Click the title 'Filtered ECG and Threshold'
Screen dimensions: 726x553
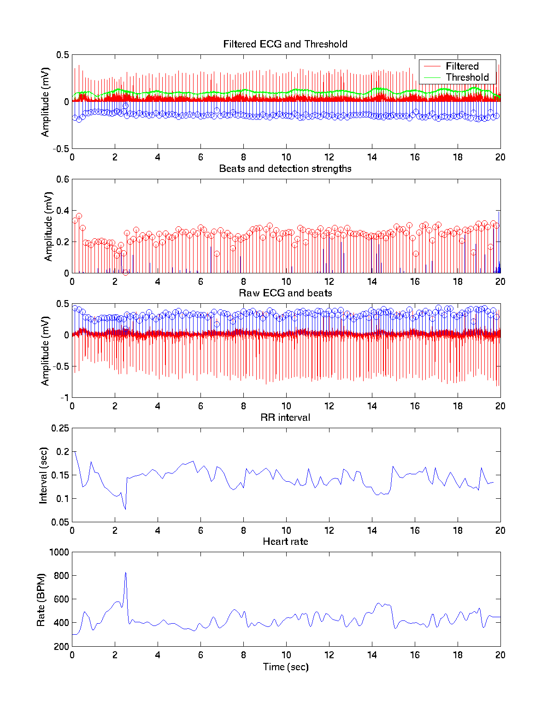(x=285, y=44)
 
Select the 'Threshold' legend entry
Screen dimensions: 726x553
(x=467, y=77)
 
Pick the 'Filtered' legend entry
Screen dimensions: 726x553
(x=462, y=66)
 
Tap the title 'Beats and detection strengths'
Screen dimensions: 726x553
(x=285, y=169)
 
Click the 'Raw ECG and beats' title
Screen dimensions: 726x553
(x=285, y=293)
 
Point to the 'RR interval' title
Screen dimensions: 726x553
(x=285, y=418)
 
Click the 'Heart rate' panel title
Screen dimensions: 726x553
(x=285, y=542)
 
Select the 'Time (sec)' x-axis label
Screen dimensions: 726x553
(x=285, y=667)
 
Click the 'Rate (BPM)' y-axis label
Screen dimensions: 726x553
(x=41, y=599)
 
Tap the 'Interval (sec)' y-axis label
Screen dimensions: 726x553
(x=43, y=475)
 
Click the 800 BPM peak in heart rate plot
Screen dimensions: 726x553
(x=125, y=573)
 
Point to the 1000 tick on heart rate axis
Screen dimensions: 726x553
(x=59, y=552)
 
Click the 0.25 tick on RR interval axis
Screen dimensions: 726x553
(x=60, y=428)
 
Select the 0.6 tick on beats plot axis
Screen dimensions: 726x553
(x=63, y=179)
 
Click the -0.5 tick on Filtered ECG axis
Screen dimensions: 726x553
(x=60, y=148)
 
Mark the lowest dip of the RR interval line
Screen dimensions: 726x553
(x=125, y=509)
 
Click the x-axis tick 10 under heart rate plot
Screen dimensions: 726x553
(x=286, y=655)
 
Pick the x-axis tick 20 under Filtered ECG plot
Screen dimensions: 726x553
(x=500, y=157)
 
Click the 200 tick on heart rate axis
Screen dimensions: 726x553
(x=61, y=646)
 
